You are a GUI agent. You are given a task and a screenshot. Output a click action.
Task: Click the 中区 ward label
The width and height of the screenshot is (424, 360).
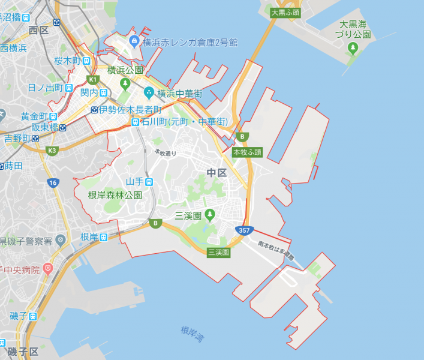[x=216, y=173]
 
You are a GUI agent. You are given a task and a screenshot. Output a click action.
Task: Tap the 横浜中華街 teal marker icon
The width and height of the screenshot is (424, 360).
[x=149, y=93]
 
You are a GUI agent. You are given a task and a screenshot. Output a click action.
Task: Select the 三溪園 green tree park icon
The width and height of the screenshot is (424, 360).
[x=209, y=214]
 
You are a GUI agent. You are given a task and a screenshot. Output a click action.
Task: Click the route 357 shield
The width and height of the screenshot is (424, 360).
[x=244, y=230]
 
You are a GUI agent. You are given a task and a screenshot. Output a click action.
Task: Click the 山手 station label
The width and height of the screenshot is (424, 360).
[x=134, y=181]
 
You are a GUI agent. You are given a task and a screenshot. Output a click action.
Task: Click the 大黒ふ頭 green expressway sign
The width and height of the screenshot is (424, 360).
[x=284, y=12]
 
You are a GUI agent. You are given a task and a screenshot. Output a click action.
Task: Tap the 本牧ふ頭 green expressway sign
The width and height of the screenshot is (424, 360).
[x=248, y=152]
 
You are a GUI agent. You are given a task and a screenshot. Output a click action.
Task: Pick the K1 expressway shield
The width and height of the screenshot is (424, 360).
[x=92, y=79]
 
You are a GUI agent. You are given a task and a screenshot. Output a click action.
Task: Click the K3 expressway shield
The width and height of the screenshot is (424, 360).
[x=52, y=150]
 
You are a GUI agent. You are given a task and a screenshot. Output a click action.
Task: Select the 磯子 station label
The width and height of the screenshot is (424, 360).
[x=18, y=316]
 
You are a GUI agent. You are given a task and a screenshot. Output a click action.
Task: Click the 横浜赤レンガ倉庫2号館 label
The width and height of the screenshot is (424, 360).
[x=190, y=42]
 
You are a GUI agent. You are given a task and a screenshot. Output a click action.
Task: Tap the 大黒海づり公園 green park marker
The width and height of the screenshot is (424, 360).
[x=353, y=49]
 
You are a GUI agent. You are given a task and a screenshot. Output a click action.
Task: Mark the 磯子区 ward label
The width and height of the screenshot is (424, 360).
[x=23, y=351]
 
